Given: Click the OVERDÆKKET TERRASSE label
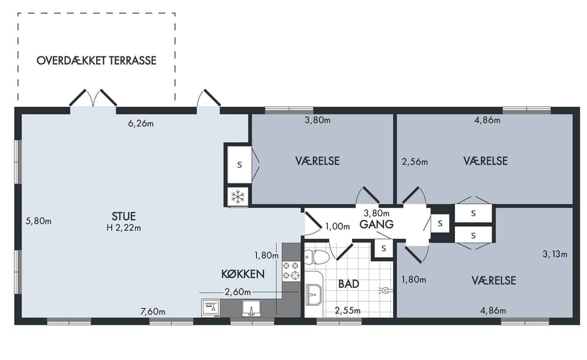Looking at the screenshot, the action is (x=96, y=61).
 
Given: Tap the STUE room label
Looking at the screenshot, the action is (x=124, y=216).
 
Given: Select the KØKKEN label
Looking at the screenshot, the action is (x=243, y=274).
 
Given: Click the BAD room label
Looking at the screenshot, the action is (x=349, y=284).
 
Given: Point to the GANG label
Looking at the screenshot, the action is (x=377, y=224).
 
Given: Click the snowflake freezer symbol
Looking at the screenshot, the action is (x=238, y=196).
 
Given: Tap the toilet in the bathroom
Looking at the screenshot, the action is (x=316, y=257).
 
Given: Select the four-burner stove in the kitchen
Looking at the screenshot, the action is (x=291, y=271).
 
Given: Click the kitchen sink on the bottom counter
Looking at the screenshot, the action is (x=251, y=309).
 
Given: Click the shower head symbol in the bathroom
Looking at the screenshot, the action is (x=386, y=290).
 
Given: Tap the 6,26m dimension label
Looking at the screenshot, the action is (x=141, y=123).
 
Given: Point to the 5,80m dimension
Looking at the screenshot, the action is (x=39, y=221).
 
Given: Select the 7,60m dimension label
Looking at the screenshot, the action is (x=153, y=311).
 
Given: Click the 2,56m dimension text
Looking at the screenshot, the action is (x=415, y=161).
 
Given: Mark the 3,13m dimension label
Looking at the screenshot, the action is (x=555, y=254).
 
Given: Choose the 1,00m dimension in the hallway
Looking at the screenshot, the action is (x=338, y=226).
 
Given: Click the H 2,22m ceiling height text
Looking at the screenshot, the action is (x=124, y=227).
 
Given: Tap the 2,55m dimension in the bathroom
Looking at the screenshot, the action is (x=348, y=310).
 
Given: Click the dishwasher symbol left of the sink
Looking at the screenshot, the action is (x=211, y=308).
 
